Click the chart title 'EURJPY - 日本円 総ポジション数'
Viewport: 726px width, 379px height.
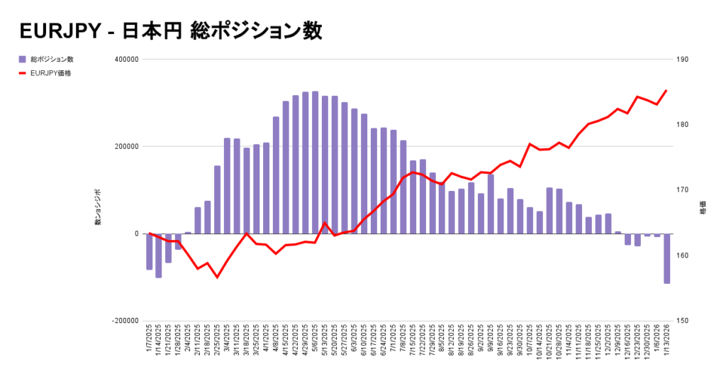click(x=171, y=31)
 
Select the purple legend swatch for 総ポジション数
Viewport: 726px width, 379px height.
click(x=23, y=59)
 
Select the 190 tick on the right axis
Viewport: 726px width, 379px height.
click(x=683, y=60)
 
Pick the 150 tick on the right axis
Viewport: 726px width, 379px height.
click(x=683, y=321)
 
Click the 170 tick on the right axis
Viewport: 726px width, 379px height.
click(x=683, y=190)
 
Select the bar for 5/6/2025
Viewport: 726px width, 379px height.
click(x=315, y=163)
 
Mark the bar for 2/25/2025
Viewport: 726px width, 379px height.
click(x=217, y=200)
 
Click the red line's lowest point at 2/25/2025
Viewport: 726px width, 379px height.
click(x=217, y=277)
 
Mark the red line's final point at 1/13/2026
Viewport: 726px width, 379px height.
click(x=666, y=90)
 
